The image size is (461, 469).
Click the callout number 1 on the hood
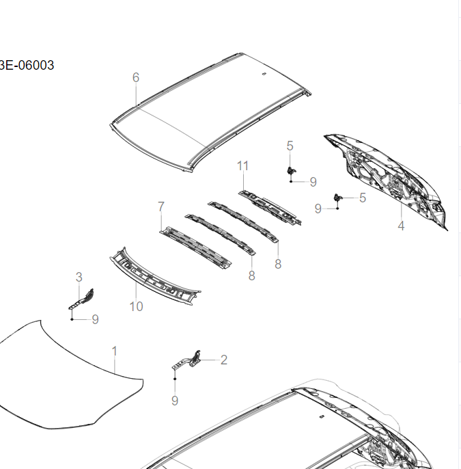[115, 351]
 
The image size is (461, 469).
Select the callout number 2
[223, 360]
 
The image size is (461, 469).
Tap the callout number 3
[79, 277]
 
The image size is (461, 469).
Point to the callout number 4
[401, 226]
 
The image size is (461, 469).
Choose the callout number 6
[136, 77]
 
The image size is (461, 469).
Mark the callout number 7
[161, 206]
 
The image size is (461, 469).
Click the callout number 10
[137, 306]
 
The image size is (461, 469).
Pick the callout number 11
[243, 165]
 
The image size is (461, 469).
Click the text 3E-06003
[27, 66]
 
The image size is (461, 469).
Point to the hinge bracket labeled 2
[191, 360]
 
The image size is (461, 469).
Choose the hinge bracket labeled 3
[83, 299]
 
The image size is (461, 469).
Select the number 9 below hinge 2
[175, 401]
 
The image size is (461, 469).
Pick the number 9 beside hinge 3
[95, 319]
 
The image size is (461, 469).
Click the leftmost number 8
[251, 276]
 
